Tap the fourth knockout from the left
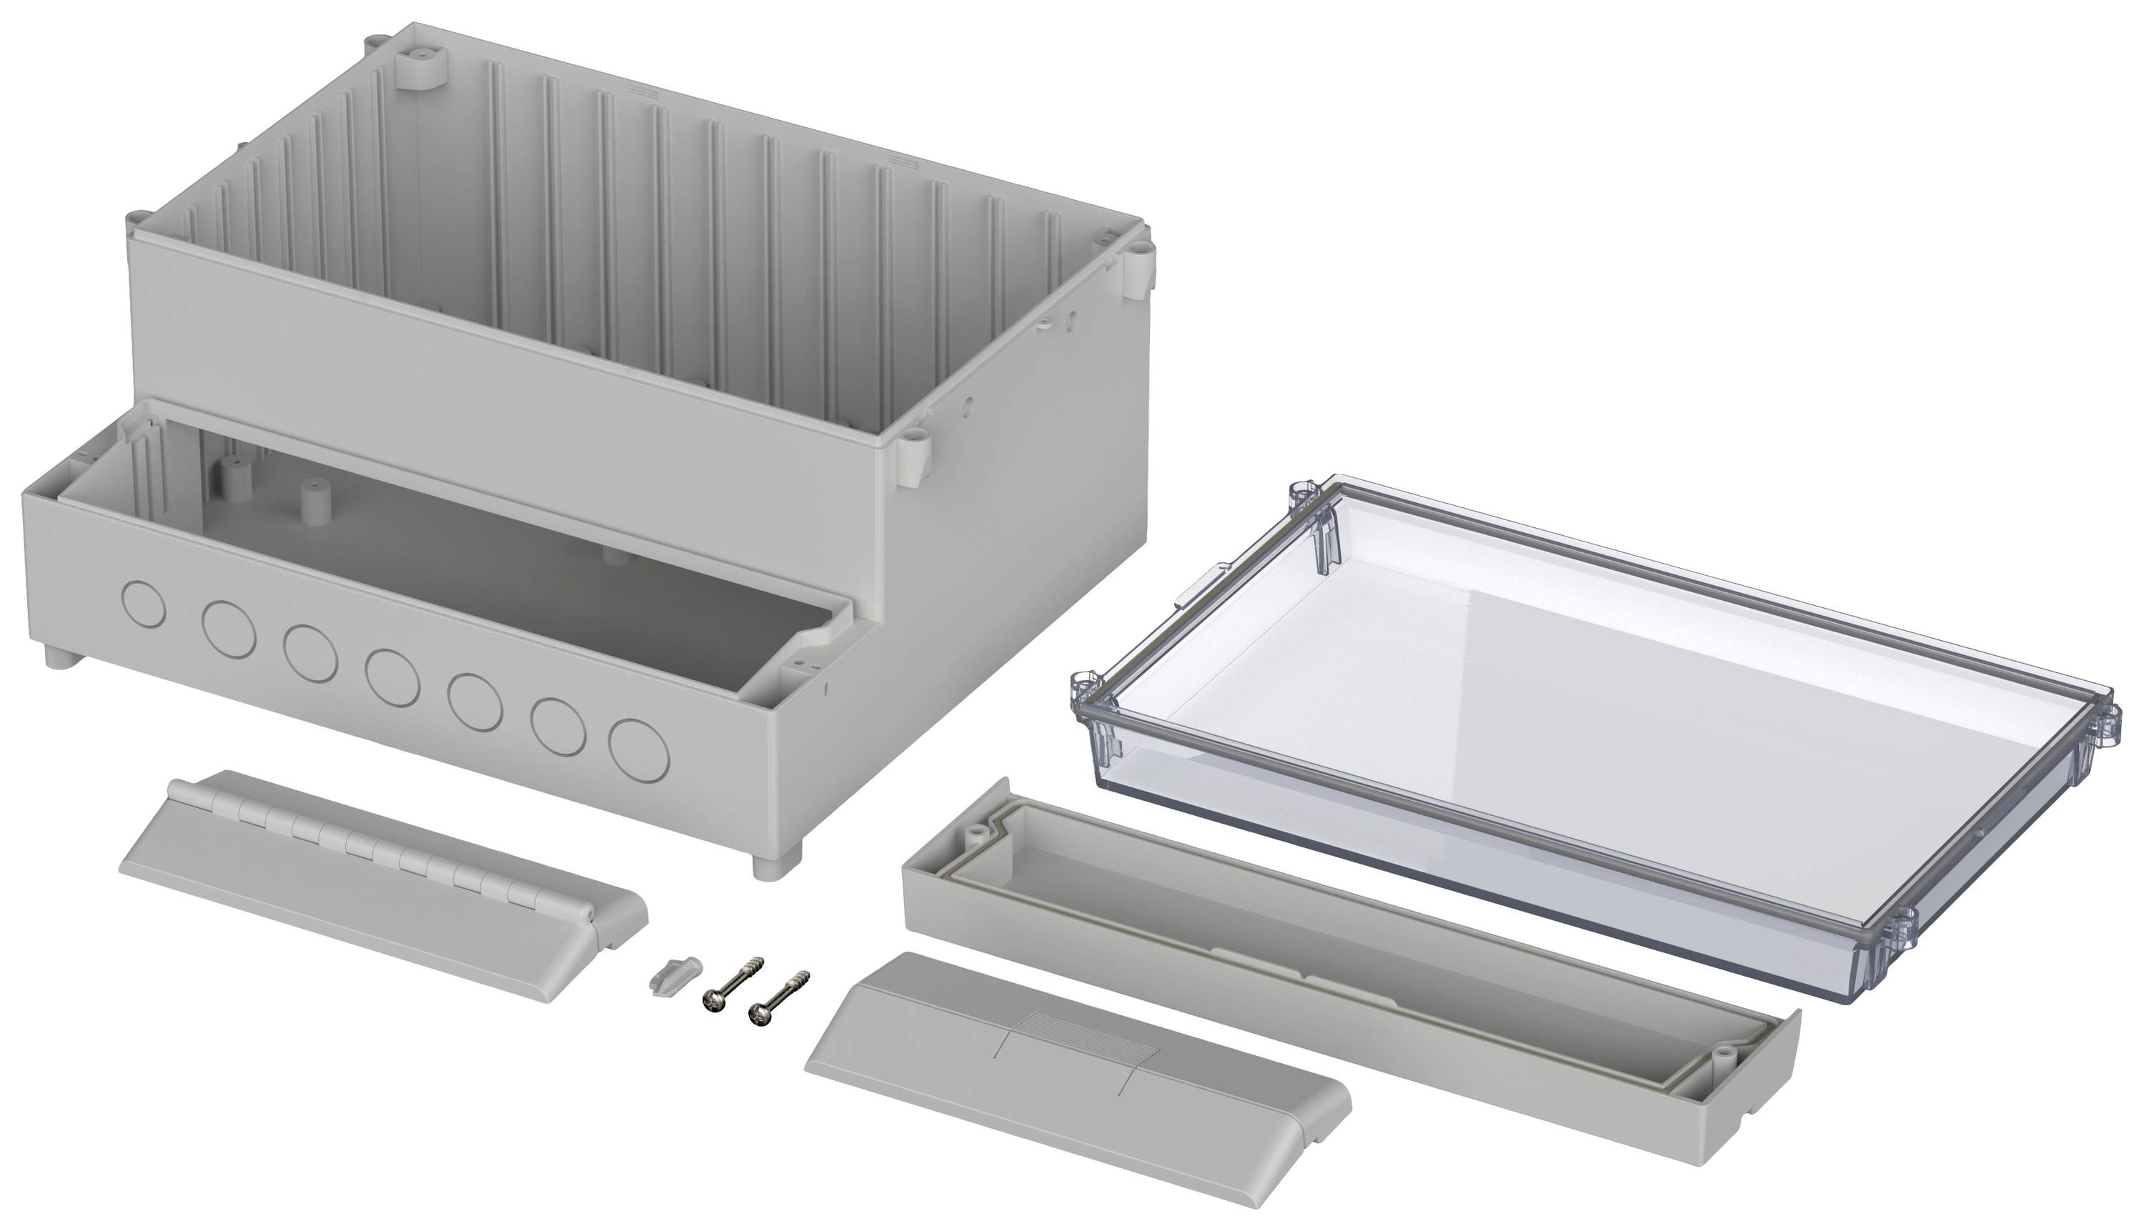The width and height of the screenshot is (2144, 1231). tap(392, 677)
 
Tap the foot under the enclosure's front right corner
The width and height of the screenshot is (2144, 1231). tap(775, 866)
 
